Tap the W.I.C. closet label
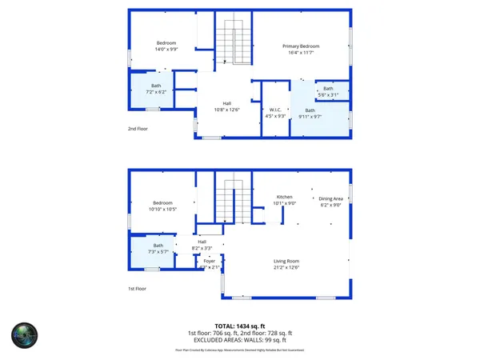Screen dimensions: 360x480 point(274,110)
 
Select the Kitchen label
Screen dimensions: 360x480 point(285,197)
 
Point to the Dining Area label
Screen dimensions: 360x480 point(330,198)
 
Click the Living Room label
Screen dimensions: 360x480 point(286,261)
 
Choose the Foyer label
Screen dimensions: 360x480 point(210,262)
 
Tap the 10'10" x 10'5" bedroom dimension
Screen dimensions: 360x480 point(163,210)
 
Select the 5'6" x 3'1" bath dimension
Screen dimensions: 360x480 point(329,95)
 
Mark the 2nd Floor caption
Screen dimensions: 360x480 point(138,128)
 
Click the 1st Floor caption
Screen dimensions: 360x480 point(138,288)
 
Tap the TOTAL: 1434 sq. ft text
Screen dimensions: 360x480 point(240,326)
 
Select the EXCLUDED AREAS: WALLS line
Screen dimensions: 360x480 point(240,339)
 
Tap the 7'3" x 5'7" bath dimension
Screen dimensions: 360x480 point(158,252)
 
